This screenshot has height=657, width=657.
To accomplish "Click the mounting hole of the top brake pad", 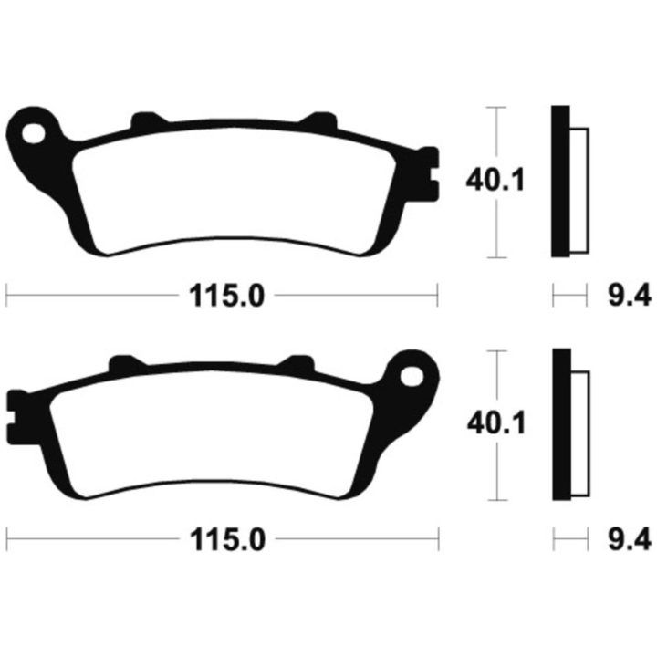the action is tap(34, 133).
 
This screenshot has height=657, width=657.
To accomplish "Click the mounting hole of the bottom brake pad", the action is tap(412, 376).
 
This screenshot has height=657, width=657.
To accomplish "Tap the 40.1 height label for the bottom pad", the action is tap(496, 423).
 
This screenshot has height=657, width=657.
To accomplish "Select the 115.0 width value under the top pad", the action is tap(226, 296).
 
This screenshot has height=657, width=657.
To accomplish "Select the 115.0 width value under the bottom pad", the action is tap(227, 539).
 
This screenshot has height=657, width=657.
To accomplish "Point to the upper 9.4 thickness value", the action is tap(630, 295).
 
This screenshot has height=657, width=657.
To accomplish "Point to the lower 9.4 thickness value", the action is tap(630, 539).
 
